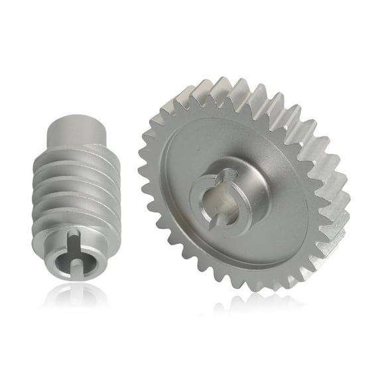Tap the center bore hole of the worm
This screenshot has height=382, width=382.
click(78, 252)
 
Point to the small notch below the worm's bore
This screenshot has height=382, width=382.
click(80, 266)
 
